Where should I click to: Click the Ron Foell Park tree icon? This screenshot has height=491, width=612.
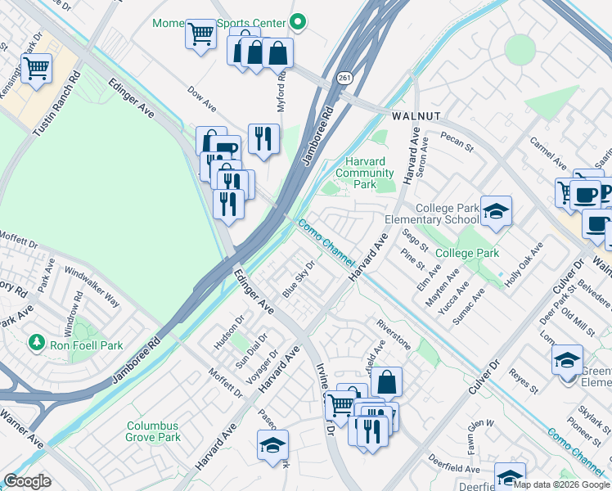[x=35, y=340]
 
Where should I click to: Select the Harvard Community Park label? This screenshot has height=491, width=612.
[x=365, y=173]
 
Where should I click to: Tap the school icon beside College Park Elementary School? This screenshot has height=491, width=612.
[x=495, y=212]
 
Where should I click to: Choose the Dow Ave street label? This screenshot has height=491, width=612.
[x=201, y=100]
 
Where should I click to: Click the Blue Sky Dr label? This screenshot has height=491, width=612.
[x=299, y=280]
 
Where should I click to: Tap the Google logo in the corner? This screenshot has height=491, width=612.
[x=27, y=481]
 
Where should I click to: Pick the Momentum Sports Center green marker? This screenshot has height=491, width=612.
[x=299, y=22]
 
